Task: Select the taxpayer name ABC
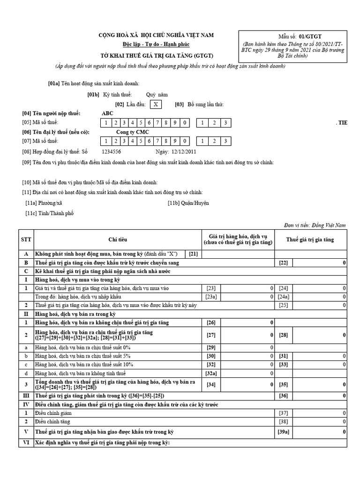(x=107, y=113)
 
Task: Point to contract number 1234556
(x=112, y=151)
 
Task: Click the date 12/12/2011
(x=184, y=151)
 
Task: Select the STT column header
(x=26, y=240)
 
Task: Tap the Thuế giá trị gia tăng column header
(x=310, y=240)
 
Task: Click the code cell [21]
(x=193, y=254)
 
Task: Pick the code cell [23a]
(x=211, y=297)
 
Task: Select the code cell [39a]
(x=283, y=432)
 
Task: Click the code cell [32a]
(x=211, y=373)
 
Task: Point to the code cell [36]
(x=283, y=396)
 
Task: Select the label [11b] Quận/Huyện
(x=188, y=203)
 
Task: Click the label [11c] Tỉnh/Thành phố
(x=50, y=213)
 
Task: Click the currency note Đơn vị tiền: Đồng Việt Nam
(x=315, y=225)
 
